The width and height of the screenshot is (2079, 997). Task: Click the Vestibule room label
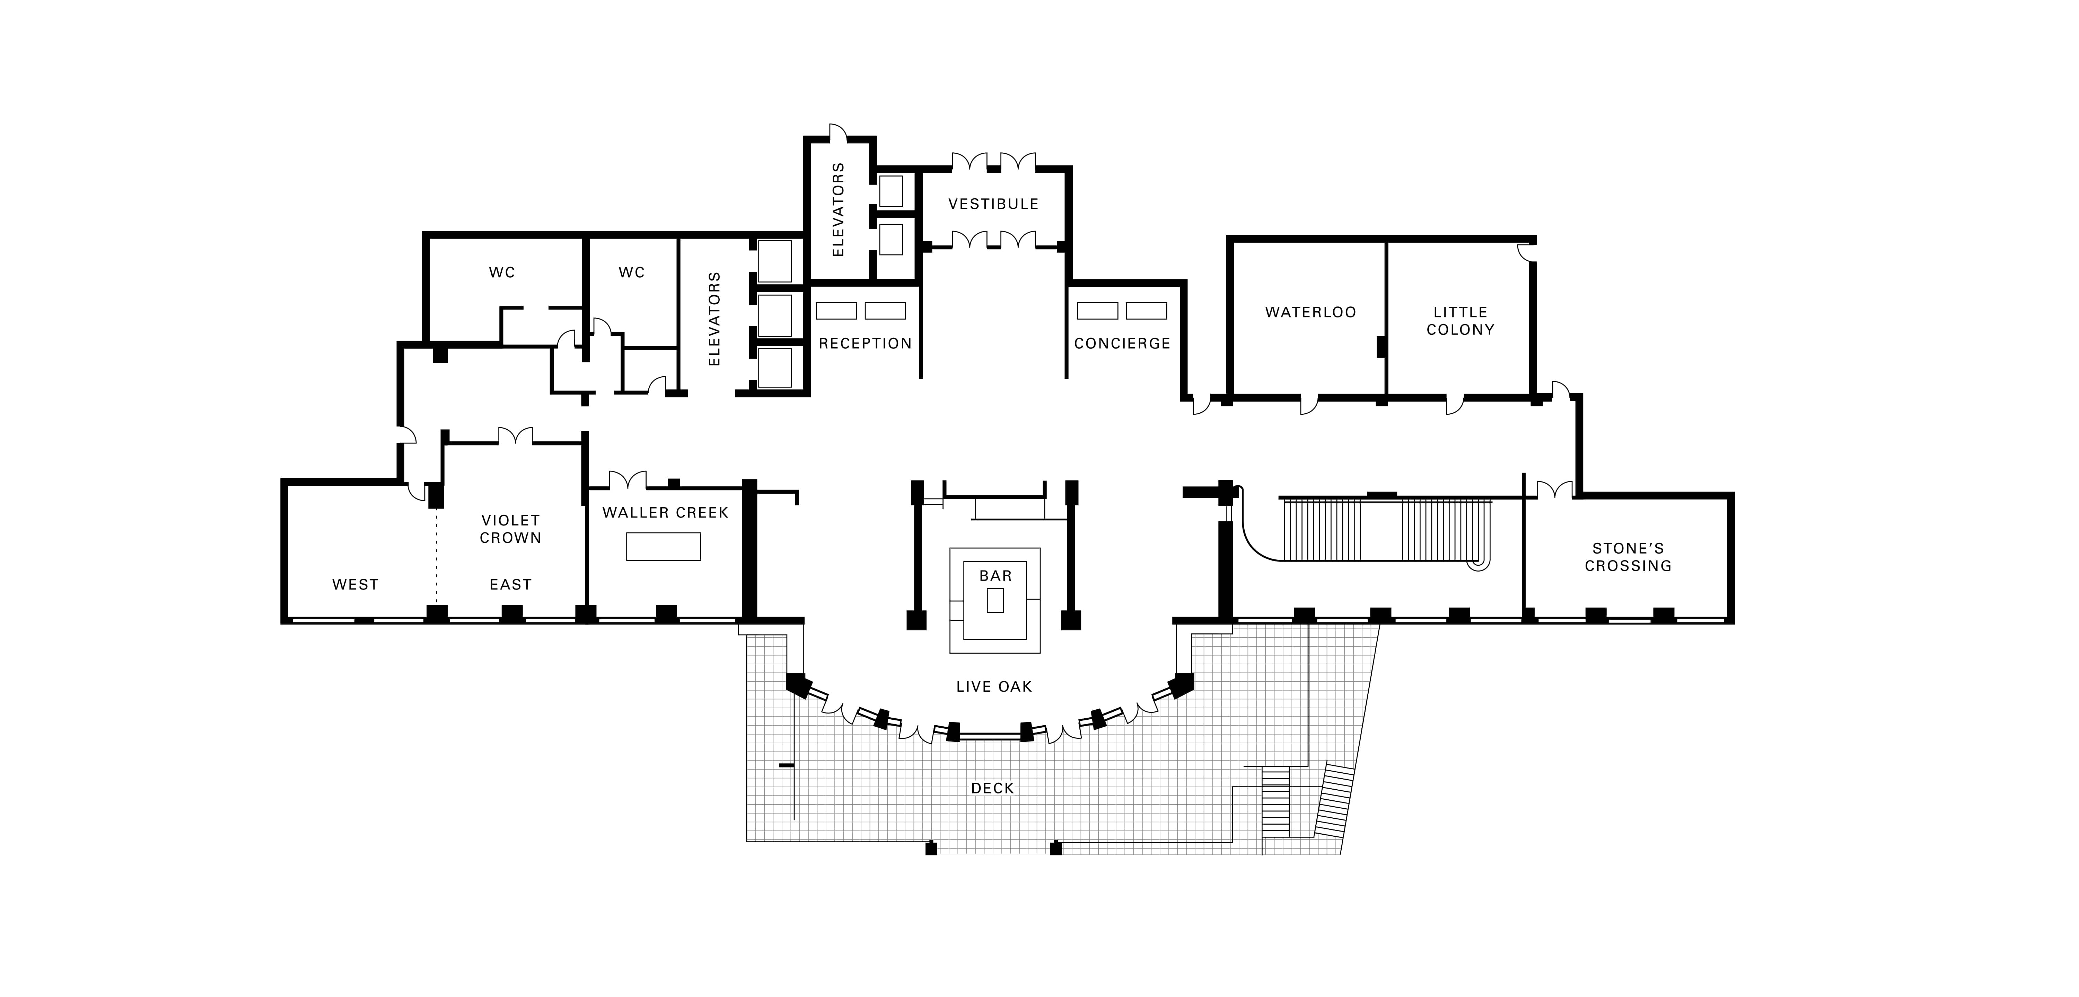993,204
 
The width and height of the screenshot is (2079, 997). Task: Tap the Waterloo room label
1311,312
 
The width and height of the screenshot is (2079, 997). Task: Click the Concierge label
1122,344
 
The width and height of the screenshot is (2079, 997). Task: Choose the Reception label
865,344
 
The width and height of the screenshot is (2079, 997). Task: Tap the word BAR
995,576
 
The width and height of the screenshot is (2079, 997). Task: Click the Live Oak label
993,686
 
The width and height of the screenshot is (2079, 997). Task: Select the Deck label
993,788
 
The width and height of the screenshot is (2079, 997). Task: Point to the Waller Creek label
665,513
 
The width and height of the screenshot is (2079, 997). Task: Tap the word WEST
355,585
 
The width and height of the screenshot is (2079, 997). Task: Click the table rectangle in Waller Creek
664,546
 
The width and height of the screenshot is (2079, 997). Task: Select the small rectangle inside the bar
995,600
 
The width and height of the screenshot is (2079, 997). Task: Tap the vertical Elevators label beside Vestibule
838,210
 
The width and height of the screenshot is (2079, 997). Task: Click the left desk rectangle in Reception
836,311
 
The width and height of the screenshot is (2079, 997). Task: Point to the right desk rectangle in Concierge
1146,311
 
